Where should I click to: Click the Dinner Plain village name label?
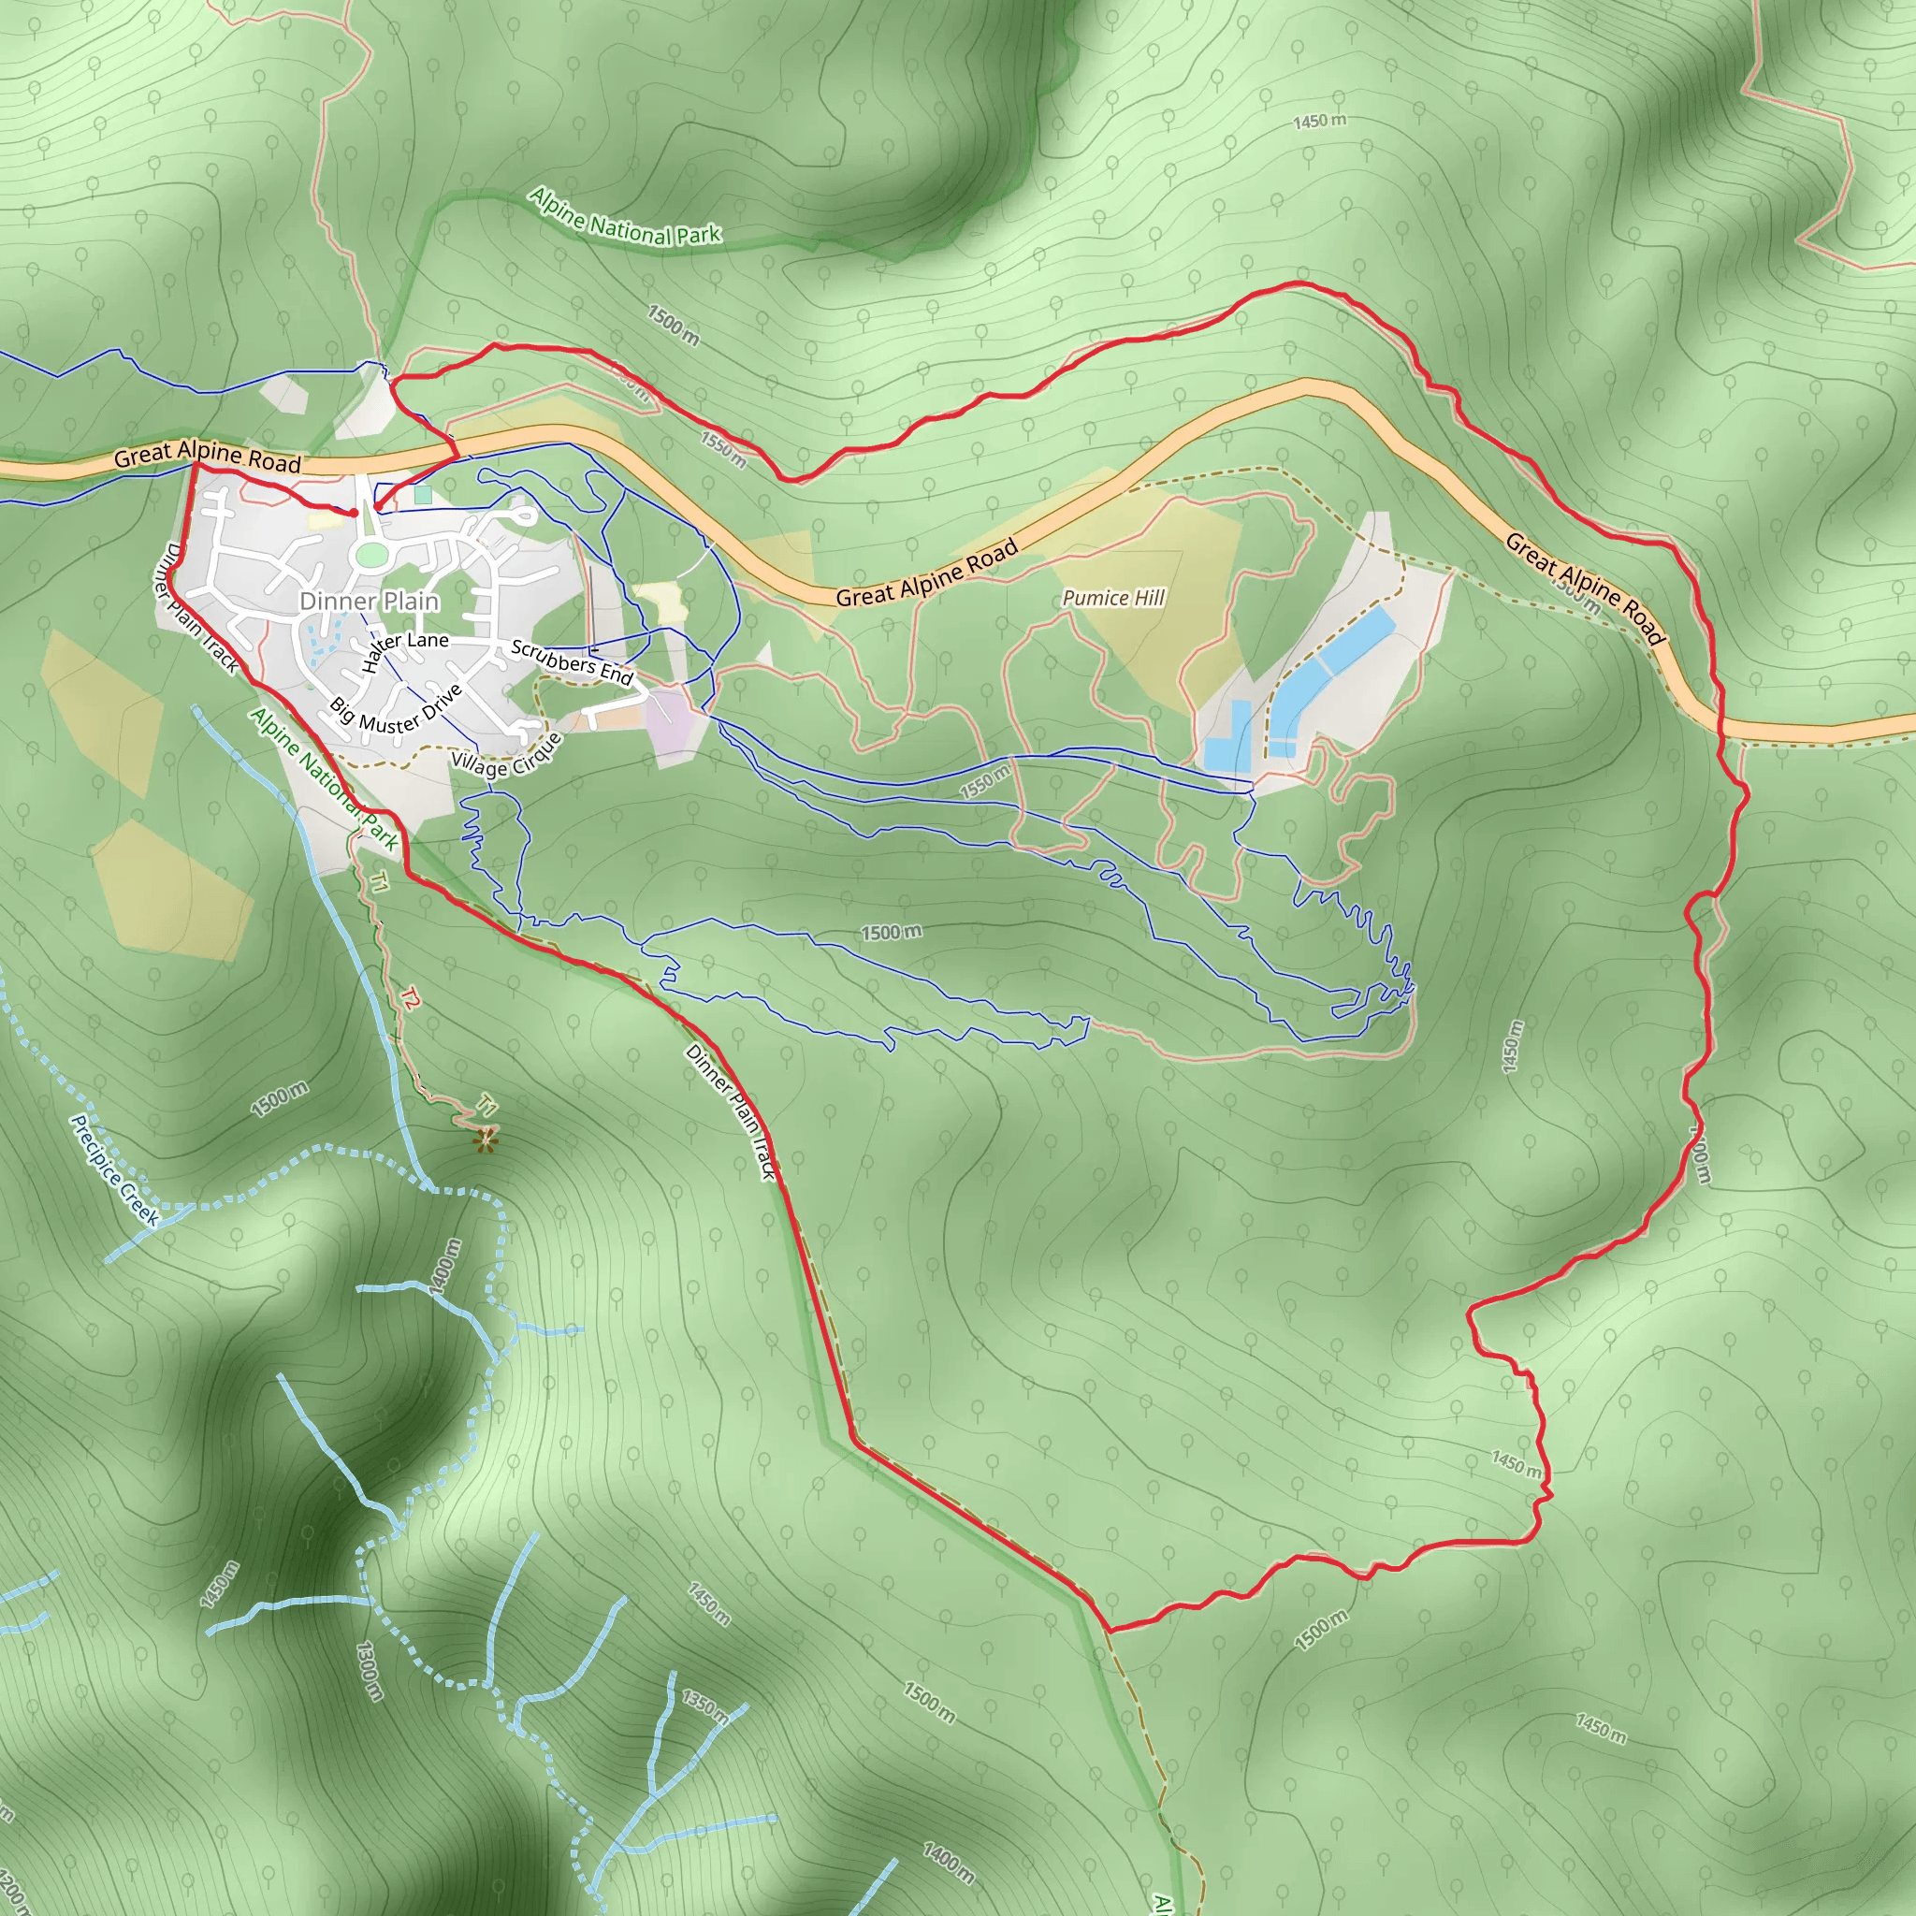[369, 601]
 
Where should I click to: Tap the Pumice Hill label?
[1112, 597]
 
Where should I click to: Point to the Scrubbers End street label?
[572, 662]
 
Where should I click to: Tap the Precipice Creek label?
[115, 1170]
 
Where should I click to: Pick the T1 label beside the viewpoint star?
[486, 1103]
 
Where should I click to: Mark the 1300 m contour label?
[368, 1670]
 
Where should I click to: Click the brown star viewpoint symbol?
[485, 1140]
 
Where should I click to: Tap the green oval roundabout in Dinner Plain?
[370, 556]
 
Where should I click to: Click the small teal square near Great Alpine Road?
[424, 494]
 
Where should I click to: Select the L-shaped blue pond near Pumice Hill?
[1227, 736]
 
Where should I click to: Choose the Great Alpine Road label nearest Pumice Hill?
[926, 573]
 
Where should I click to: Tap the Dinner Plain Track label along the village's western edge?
[198, 609]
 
